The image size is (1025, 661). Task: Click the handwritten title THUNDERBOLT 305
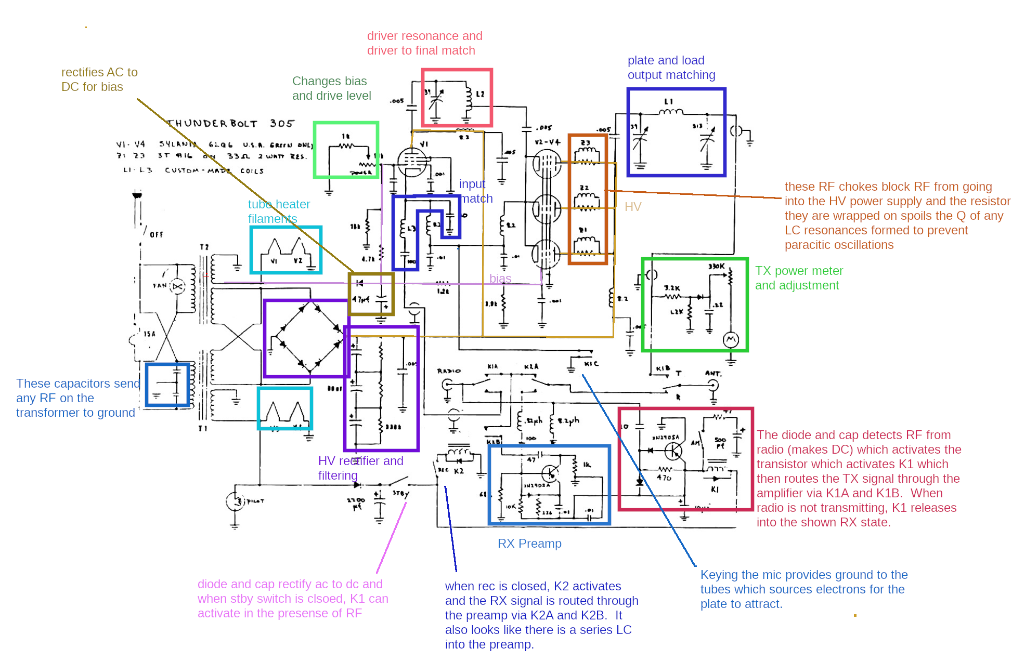[230, 124]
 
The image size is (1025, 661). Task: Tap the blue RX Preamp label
[529, 544]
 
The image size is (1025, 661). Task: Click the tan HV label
[633, 207]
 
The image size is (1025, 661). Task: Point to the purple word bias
[500, 279]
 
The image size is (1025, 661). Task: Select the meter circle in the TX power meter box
[731, 340]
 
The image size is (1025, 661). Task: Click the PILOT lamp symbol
[235, 501]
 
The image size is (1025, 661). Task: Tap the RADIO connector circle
[447, 385]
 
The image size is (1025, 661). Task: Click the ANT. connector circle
[713, 385]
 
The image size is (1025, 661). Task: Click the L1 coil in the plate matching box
[671, 111]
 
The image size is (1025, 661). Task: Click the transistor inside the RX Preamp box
[550, 473]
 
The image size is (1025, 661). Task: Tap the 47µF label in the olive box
[361, 299]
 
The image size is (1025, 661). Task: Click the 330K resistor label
[716, 267]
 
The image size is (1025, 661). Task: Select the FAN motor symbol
[178, 286]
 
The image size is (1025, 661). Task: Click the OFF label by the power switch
[156, 234]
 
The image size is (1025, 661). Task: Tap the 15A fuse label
[149, 334]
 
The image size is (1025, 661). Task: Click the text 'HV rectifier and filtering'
[360, 468]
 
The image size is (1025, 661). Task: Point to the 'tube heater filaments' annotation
[279, 211]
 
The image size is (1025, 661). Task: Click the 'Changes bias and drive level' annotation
[331, 88]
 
